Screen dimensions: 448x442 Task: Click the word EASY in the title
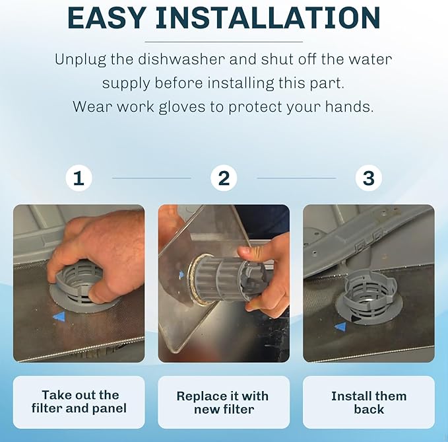[x=106, y=18]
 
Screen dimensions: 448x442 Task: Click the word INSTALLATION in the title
[x=268, y=18]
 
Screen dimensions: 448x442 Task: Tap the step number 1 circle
[x=79, y=178]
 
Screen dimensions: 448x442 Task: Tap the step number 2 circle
[x=224, y=178]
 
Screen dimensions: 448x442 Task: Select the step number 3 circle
[x=369, y=178]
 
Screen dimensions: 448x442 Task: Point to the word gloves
[x=181, y=108]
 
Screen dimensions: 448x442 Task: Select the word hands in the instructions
[x=349, y=107]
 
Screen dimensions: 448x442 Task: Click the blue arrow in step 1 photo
[x=59, y=316]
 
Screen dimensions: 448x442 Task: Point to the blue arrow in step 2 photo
[x=181, y=276]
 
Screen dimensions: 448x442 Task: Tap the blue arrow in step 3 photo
[x=340, y=326]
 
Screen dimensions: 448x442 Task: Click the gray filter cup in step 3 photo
[x=370, y=295]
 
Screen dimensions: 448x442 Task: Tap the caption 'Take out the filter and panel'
[x=79, y=402]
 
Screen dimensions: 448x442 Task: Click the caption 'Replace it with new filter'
[x=223, y=402]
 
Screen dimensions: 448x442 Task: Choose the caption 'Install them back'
[x=369, y=402]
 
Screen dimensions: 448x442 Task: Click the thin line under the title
[x=224, y=42]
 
